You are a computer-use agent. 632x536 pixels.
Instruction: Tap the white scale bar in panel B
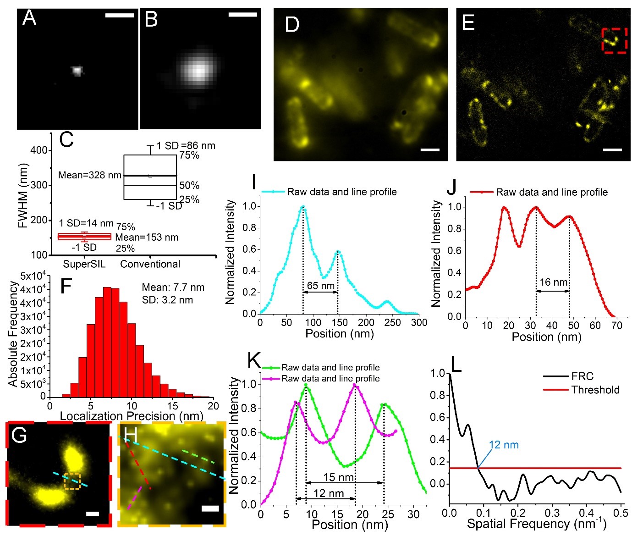click(242, 15)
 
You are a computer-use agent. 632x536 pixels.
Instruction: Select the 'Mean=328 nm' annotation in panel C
click(90, 175)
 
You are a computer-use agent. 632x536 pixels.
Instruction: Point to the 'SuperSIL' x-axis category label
click(84, 264)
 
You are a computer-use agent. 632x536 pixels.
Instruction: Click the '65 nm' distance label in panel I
click(320, 286)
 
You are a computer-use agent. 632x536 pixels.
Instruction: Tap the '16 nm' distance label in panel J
click(553, 282)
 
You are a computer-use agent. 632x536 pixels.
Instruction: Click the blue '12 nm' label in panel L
click(504, 445)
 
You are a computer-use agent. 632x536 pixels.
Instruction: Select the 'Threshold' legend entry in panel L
click(595, 390)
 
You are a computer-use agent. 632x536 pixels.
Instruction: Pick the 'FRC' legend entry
click(582, 376)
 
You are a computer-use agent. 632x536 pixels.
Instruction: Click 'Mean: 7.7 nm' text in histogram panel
click(173, 287)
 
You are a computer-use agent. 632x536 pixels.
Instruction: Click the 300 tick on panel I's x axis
click(419, 322)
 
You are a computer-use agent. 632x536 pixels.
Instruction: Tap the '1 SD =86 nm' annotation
click(186, 146)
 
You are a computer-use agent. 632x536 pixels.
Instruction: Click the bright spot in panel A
click(77, 71)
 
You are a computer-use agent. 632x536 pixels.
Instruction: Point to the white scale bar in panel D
click(430, 149)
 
